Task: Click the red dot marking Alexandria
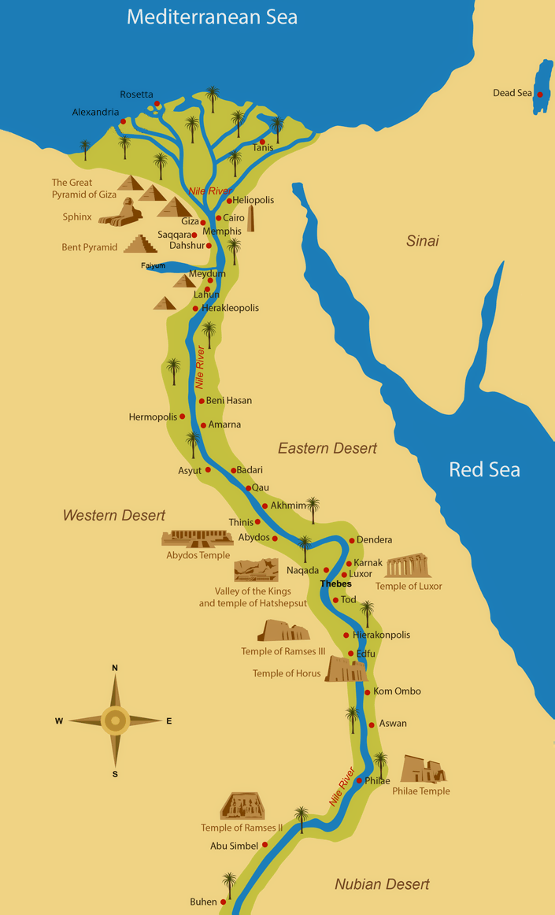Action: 124,121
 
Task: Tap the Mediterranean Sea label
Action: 213,17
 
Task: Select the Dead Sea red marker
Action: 540,94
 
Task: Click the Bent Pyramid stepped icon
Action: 139,244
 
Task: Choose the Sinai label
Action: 422,241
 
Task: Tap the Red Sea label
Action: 484,470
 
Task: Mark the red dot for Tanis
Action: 262,143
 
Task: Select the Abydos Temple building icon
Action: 187,538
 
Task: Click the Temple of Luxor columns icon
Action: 408,566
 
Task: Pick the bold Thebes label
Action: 335,584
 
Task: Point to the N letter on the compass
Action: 115,668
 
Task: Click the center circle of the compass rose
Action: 115,720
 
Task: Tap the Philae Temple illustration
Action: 423,769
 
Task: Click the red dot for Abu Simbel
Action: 265,845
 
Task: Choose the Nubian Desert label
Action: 382,884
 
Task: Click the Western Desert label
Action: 114,515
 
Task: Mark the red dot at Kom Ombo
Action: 367,692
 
